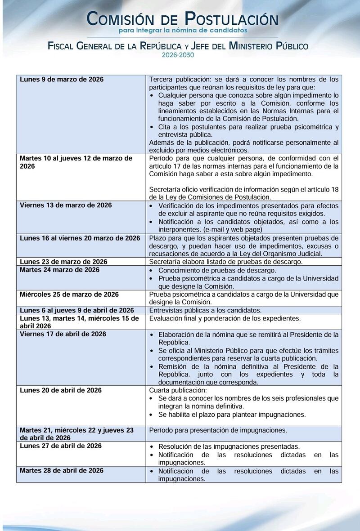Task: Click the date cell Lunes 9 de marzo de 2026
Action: tap(62, 80)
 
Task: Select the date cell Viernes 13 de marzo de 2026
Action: tap(66, 205)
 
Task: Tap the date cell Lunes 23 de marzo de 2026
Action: tap(63, 262)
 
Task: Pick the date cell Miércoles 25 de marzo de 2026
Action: tap(69, 295)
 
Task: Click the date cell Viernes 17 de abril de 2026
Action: tap(63, 334)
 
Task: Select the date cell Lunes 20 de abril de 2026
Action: tap(61, 390)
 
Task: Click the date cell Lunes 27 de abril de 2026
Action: tap(61, 446)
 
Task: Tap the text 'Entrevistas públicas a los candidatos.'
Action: tap(205, 310)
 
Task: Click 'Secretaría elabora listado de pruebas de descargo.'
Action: tap(225, 262)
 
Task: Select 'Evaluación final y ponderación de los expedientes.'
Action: tap(225, 318)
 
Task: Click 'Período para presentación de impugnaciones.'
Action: tap(218, 430)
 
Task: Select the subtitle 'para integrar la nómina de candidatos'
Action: tap(183, 30)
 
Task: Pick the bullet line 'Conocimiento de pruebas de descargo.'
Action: tap(217, 270)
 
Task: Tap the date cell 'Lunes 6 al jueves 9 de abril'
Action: tap(77, 310)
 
